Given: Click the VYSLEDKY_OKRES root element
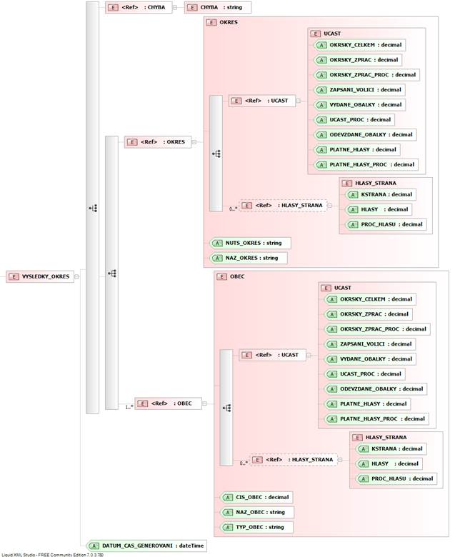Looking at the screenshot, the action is click(40, 276).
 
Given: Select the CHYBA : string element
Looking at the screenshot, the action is click(218, 7).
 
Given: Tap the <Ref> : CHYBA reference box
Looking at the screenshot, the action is click(139, 7).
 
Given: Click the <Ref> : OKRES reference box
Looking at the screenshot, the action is click(158, 141).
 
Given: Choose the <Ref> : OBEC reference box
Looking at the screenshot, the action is click(168, 403).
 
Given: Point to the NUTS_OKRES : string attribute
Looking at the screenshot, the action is click(250, 243).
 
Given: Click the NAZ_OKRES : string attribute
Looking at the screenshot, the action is click(249, 258).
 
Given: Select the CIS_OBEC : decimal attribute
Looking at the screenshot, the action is click(256, 497).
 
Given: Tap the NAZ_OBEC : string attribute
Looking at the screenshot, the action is click(257, 512).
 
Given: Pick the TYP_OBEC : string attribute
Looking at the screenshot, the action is click(256, 527).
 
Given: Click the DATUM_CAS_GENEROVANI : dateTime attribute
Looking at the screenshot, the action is click(146, 546).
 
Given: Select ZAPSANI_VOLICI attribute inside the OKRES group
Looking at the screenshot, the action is click(359, 90).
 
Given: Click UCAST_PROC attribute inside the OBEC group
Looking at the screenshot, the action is click(365, 374).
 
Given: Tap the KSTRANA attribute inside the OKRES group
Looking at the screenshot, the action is click(381, 195).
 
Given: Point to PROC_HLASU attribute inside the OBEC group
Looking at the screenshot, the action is click(396, 479).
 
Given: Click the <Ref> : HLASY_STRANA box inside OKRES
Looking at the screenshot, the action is click(284, 206).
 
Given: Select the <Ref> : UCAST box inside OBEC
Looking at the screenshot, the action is click(272, 355).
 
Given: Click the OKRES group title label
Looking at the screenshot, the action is click(229, 22).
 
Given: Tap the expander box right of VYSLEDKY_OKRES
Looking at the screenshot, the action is click(76, 276).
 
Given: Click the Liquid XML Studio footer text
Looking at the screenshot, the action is click(53, 555).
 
